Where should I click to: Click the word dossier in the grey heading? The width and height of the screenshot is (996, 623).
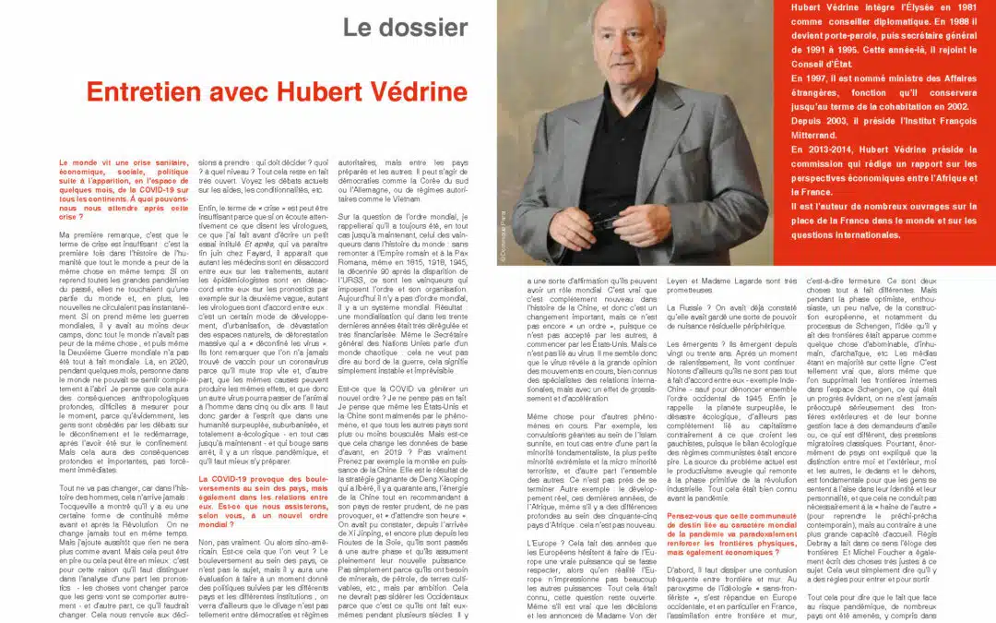click(x=426, y=28)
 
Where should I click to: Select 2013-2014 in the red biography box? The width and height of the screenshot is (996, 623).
click(x=826, y=150)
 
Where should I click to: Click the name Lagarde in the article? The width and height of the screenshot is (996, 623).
click(x=738, y=281)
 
